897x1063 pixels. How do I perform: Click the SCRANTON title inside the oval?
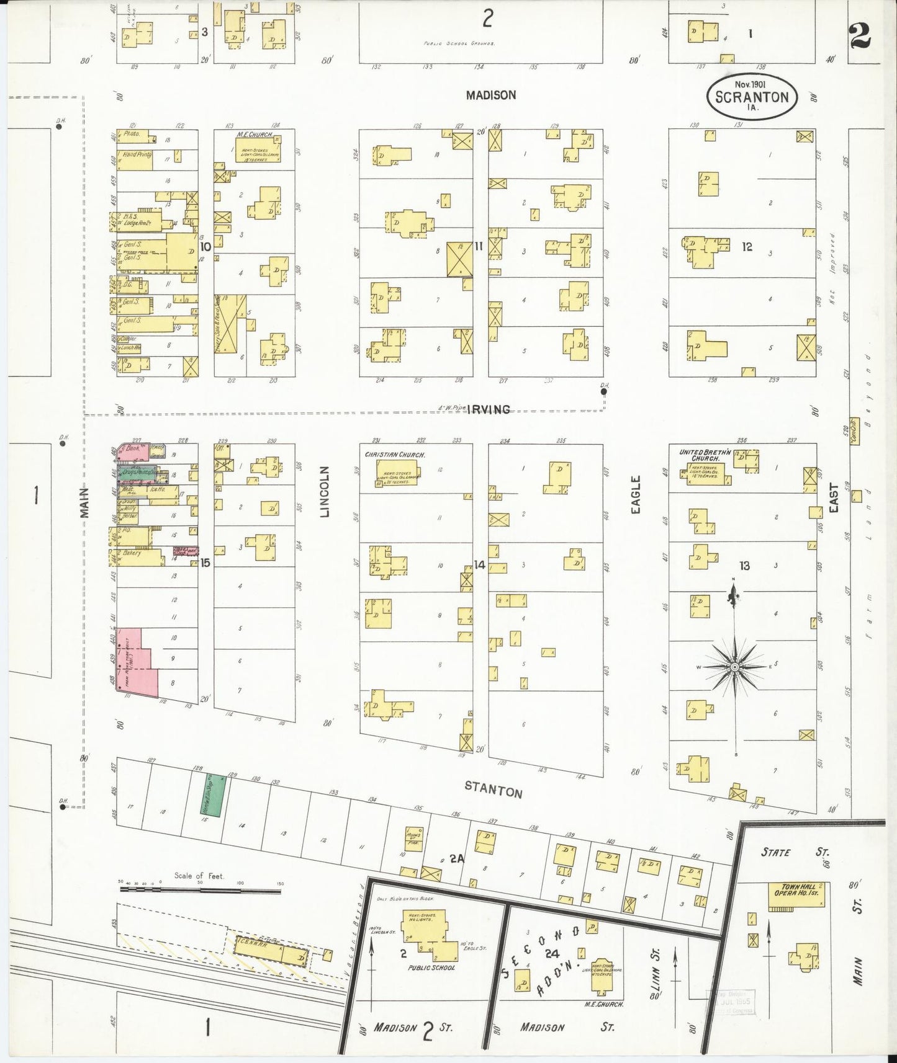tap(752, 97)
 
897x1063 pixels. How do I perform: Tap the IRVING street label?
tap(490, 409)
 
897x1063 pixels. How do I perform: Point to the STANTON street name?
tap(494, 792)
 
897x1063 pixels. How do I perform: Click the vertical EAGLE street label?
tap(635, 494)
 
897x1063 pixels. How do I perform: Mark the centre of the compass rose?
tap(734, 667)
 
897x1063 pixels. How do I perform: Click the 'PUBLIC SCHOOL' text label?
tap(431, 967)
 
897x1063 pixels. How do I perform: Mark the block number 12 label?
tap(747, 247)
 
